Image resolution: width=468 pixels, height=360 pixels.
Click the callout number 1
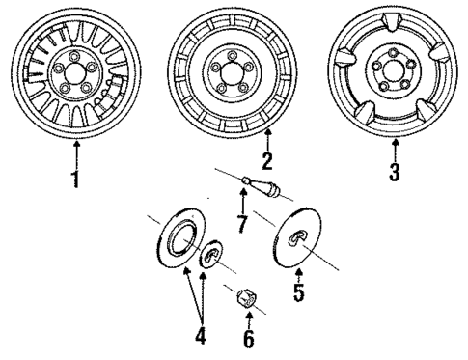pyautogui.click(x=76, y=180)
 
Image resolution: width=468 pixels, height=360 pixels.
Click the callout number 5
pyautogui.click(x=299, y=291)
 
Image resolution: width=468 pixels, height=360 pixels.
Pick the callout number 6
pyautogui.click(x=248, y=340)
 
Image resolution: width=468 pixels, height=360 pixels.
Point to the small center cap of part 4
pyautogui.click(x=210, y=260)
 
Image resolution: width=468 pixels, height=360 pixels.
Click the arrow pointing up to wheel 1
pyautogui.click(x=76, y=154)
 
